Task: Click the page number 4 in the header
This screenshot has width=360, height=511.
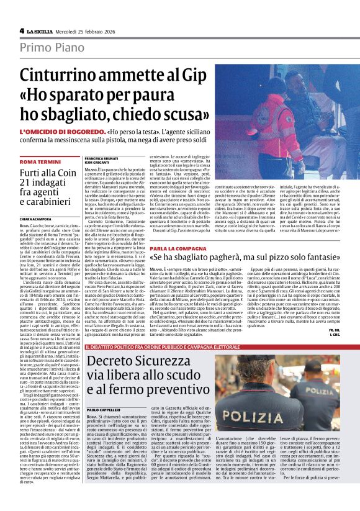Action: (22, 30)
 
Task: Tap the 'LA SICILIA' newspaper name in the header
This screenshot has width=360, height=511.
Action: (43, 30)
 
